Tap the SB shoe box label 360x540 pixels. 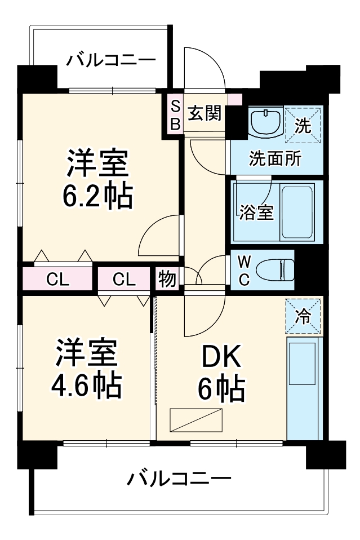click(175, 115)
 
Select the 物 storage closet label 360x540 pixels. click(167, 279)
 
